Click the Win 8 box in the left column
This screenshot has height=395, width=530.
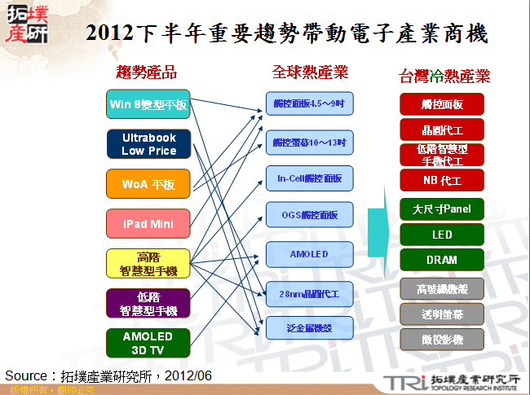148,104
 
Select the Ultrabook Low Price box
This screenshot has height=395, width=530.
148,144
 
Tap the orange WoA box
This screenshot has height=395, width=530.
148,184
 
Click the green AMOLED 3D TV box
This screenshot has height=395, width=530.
148,343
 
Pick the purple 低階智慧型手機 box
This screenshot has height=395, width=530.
148,303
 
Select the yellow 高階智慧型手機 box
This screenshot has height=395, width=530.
148,263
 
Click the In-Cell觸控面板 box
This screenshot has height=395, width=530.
309,178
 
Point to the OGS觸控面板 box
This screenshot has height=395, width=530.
309,215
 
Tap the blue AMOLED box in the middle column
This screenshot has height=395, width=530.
309,254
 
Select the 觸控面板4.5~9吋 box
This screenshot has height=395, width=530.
309,104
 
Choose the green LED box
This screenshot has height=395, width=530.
442,235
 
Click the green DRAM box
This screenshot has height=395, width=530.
442,260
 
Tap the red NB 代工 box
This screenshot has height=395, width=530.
442,180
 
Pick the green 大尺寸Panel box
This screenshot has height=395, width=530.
442,208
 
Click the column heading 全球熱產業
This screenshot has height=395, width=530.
310,72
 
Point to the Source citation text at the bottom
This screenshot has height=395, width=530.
108,375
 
